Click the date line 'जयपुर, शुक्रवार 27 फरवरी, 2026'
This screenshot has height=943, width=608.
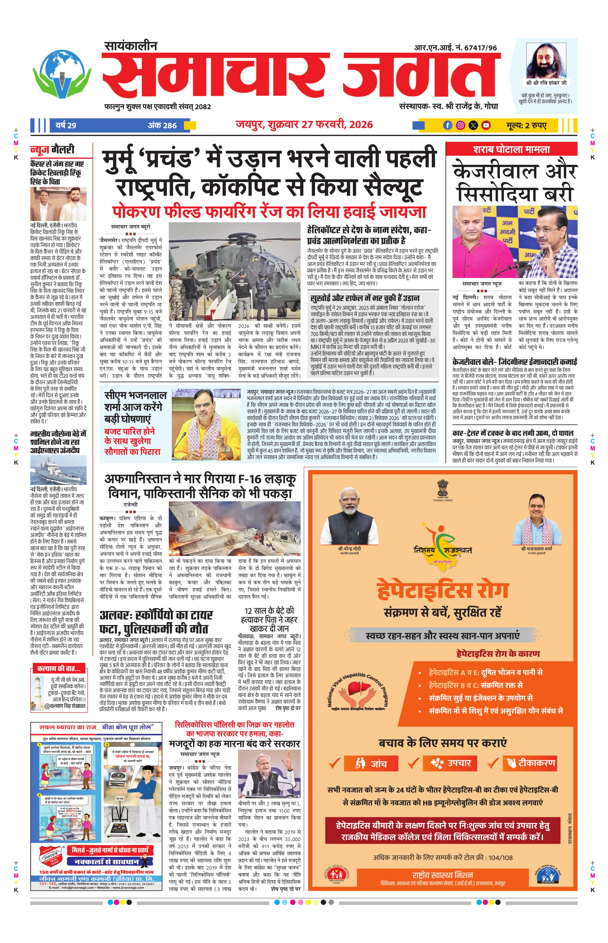304,125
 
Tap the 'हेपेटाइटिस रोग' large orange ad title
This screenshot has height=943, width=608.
442,591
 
